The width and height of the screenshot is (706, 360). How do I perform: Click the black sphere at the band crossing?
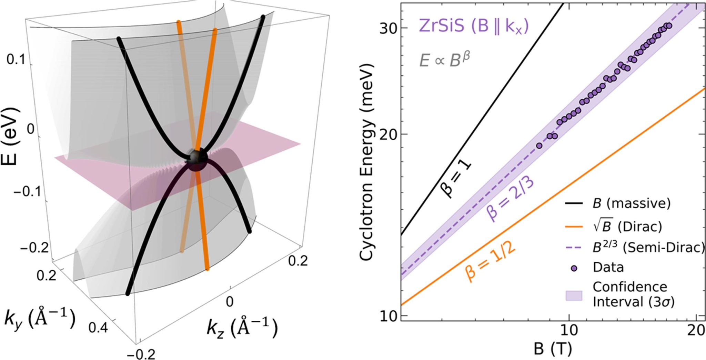(197, 159)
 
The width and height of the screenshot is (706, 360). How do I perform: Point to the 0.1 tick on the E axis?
(16, 61)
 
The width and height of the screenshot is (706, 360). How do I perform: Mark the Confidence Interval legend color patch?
(574, 295)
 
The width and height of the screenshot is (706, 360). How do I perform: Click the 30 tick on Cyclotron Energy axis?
(388, 28)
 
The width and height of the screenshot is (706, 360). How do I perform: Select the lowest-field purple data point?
(539, 146)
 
